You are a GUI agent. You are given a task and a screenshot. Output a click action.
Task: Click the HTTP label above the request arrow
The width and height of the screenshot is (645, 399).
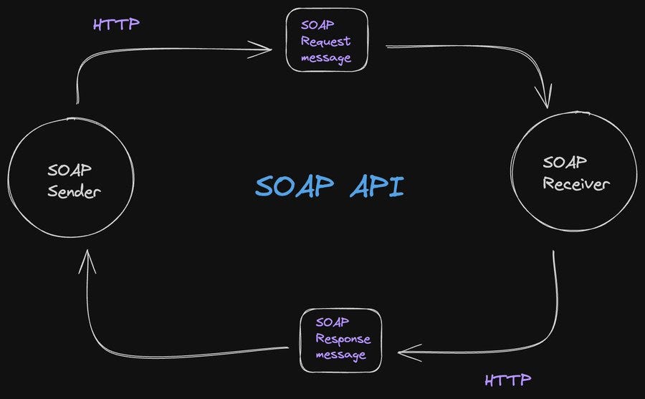click(116, 24)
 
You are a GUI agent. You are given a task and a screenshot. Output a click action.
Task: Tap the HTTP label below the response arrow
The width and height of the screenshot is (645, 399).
click(507, 380)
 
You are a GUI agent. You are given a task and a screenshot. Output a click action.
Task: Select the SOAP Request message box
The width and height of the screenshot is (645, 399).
click(327, 40)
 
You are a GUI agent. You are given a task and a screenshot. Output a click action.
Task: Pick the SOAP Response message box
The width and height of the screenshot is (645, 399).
click(340, 340)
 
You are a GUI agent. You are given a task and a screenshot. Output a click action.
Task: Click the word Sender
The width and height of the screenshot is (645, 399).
click(74, 191)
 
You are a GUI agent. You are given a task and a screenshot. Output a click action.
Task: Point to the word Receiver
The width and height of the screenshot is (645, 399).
click(575, 184)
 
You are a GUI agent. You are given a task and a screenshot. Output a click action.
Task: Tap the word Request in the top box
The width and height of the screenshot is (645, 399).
click(325, 41)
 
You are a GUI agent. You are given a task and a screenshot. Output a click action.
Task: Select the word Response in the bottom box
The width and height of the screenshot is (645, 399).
click(343, 339)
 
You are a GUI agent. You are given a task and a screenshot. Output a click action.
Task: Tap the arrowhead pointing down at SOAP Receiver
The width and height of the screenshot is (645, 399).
click(547, 100)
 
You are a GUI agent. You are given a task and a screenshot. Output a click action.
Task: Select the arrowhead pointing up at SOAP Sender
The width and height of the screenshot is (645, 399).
click(87, 260)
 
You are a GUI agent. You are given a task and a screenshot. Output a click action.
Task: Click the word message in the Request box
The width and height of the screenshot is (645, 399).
click(326, 58)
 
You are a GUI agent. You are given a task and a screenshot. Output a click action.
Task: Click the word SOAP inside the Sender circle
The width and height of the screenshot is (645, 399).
click(70, 171)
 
